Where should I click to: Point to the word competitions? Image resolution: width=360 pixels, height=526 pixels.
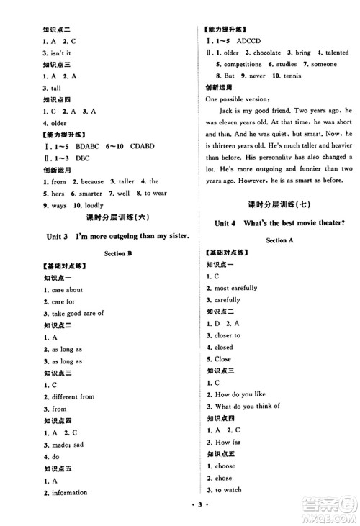click(x=240, y=63)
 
